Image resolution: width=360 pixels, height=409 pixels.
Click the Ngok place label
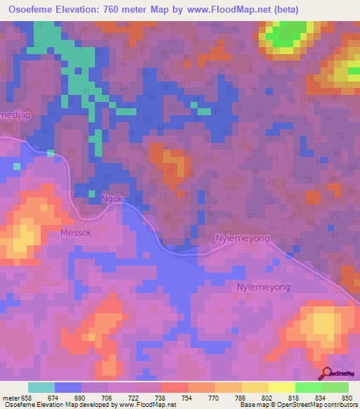coord(111,199)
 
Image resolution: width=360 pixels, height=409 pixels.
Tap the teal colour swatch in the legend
coord(41,387)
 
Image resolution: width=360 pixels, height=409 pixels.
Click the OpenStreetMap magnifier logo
coord(326,373)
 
